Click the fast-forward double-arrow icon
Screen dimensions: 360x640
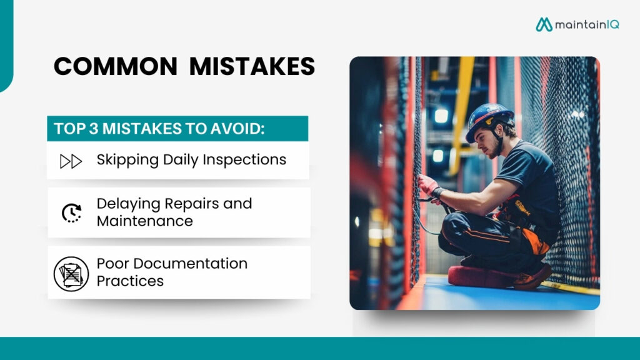pos(71,161)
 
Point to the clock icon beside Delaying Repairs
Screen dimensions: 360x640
pos(71,213)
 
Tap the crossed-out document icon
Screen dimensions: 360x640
pos(71,273)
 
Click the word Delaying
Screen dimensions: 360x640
pos(128,204)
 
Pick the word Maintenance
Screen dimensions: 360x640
pos(145,221)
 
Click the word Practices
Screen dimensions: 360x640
pos(130,281)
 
